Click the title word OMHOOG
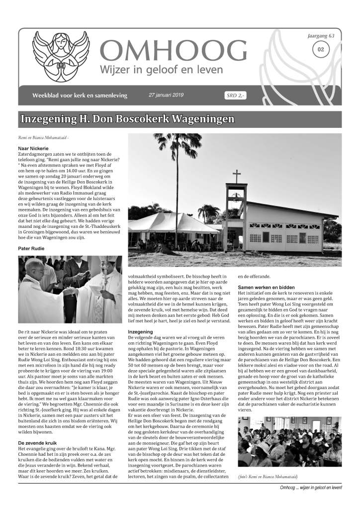pos(173,51)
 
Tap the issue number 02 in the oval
pos(321,50)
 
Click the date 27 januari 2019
pos(167,95)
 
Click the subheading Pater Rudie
pos(31,247)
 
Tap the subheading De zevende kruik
pos(37,428)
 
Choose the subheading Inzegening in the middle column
pos(140,331)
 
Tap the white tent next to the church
pos(167,222)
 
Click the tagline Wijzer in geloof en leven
pos(162,70)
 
